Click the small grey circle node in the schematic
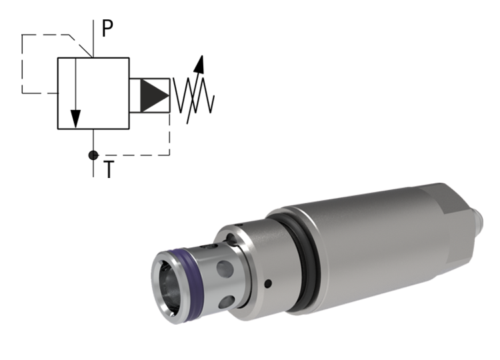pos(93,155)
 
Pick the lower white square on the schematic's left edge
pos(27,87)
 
